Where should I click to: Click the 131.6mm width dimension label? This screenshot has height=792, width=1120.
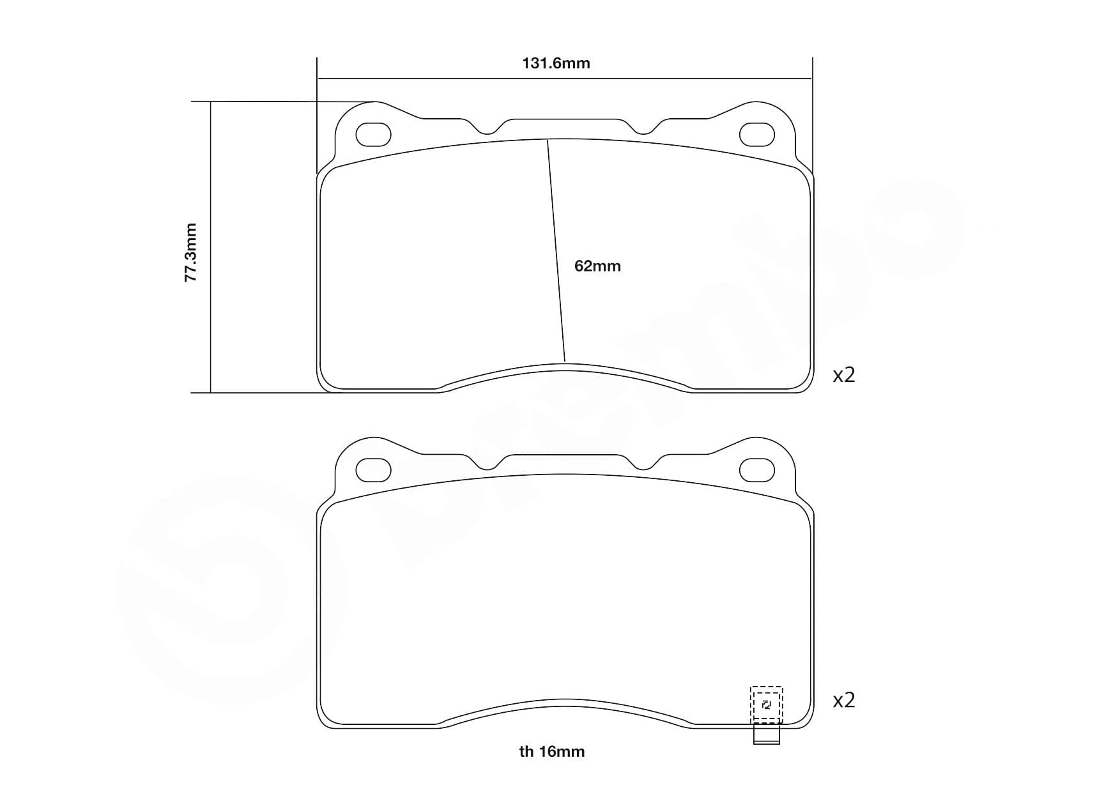click(x=556, y=63)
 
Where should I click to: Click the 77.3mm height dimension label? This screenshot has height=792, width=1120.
click(x=190, y=252)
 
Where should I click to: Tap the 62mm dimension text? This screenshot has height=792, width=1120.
click(x=597, y=266)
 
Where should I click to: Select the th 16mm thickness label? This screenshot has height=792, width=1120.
click(x=551, y=752)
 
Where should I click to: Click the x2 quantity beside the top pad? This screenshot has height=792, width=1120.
click(x=843, y=375)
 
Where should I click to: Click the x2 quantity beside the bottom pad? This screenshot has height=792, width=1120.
click(x=843, y=701)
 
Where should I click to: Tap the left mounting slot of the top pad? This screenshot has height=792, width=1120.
click(x=373, y=134)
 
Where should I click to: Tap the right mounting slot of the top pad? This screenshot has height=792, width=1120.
click(x=756, y=134)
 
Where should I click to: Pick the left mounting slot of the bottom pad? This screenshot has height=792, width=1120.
click(x=373, y=471)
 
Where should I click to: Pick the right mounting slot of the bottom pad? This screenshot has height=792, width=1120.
click(x=756, y=471)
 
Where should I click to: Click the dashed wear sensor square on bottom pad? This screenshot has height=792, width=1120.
click(x=766, y=704)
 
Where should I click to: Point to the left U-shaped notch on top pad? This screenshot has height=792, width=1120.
click(x=487, y=130)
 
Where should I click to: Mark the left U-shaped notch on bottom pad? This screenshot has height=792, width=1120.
click(x=487, y=466)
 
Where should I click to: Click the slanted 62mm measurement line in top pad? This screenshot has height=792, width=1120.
click(x=556, y=249)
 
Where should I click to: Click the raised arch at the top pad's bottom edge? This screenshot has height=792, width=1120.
click(x=565, y=367)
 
